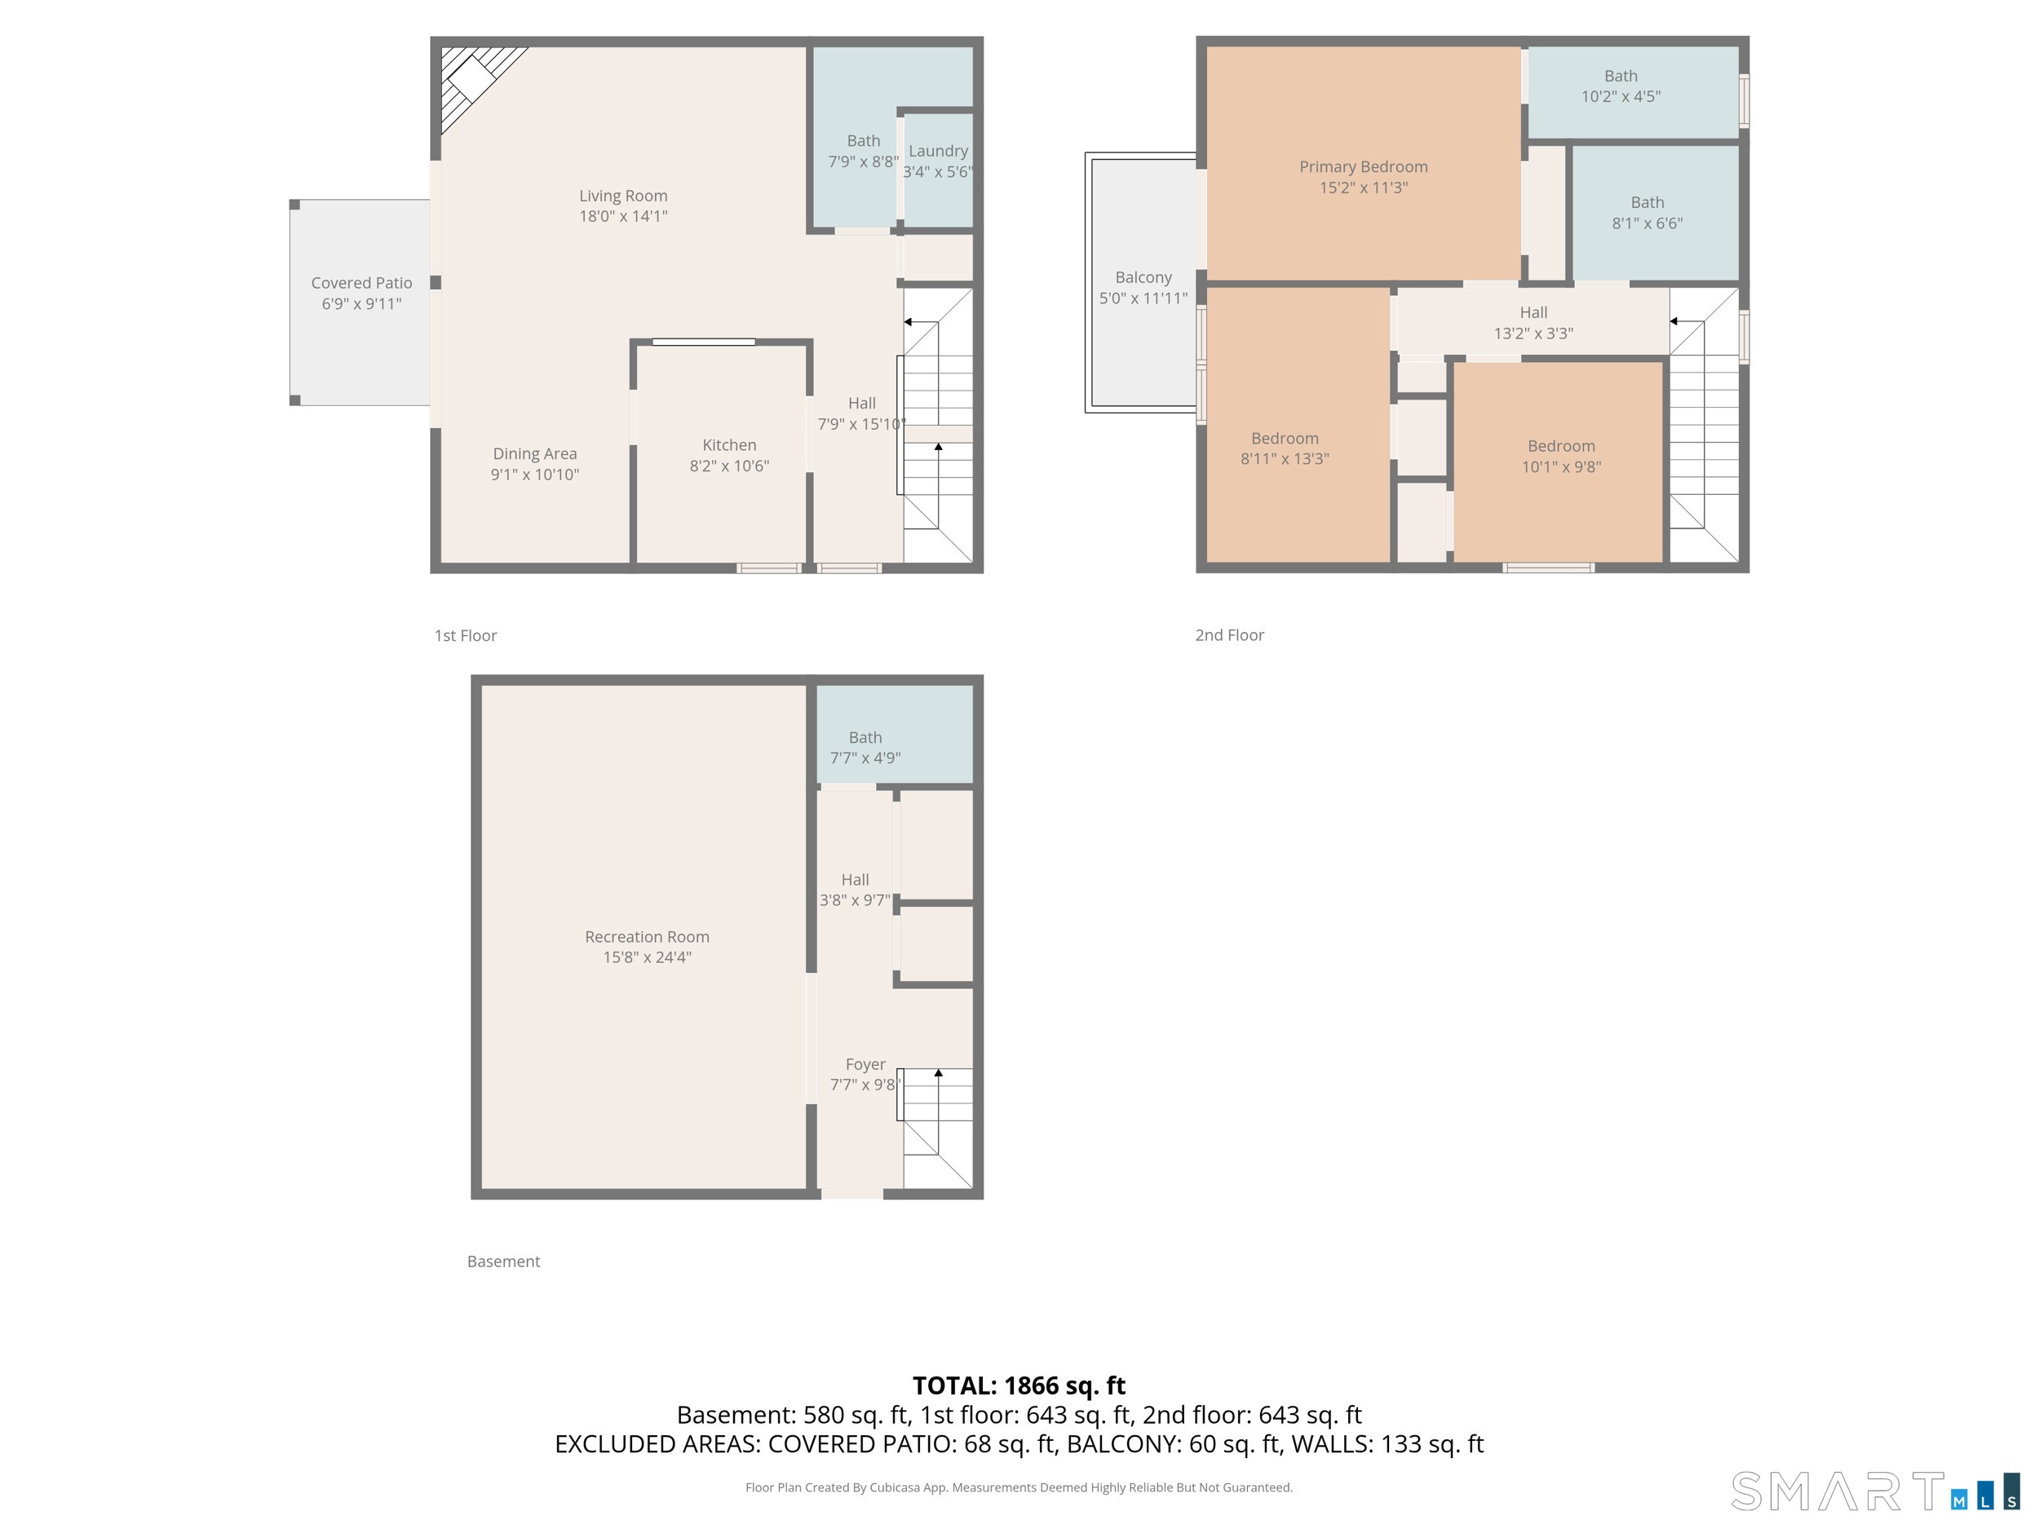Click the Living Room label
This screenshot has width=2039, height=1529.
[623, 196]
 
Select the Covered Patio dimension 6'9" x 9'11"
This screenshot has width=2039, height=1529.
[361, 304]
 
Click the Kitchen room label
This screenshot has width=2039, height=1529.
[729, 445]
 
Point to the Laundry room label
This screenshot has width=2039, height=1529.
[939, 151]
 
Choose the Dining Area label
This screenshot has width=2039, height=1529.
[535, 453]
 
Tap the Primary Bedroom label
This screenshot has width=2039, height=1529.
[1364, 167]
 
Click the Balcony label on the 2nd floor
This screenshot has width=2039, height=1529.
[1143, 277]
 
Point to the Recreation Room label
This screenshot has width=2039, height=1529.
[647, 936]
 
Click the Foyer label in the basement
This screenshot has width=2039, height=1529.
[865, 1064]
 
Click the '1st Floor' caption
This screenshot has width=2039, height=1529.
[466, 635]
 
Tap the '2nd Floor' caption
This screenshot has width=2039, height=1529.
[1230, 635]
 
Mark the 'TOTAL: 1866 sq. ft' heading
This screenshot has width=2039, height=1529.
[1019, 1385]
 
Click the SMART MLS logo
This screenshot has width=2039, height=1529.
[1875, 1491]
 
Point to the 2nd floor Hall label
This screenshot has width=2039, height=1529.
[1534, 312]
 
